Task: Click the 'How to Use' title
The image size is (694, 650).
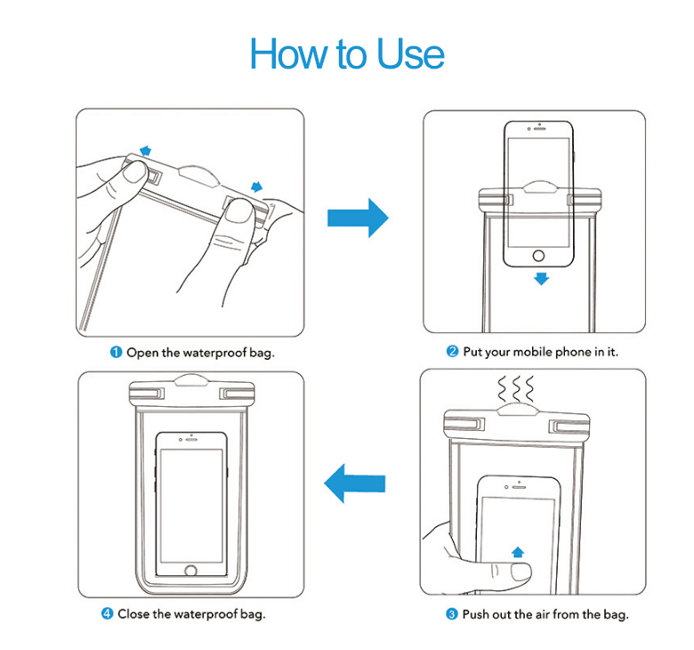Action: tap(347, 53)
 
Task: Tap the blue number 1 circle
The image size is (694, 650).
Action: tap(116, 353)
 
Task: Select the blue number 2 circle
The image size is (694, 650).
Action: tap(452, 353)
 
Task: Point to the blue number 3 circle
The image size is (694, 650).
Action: tap(452, 614)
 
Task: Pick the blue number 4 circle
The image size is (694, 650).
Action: tap(107, 614)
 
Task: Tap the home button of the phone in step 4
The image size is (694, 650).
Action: tap(190, 570)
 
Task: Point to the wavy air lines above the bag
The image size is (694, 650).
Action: tap(515, 389)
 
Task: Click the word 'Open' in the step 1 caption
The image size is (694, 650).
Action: tap(142, 353)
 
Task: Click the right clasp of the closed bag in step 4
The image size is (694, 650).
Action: tap(234, 393)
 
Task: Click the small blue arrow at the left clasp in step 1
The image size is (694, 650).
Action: tap(145, 150)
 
